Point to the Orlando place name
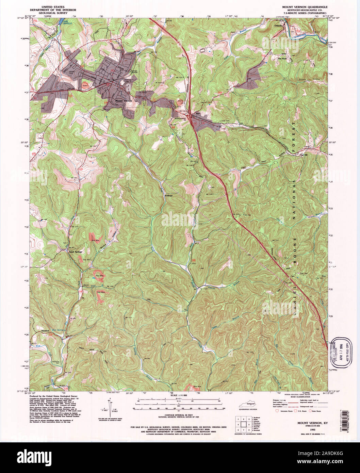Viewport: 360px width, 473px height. coord(278,25)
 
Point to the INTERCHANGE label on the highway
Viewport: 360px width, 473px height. coord(181,118)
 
